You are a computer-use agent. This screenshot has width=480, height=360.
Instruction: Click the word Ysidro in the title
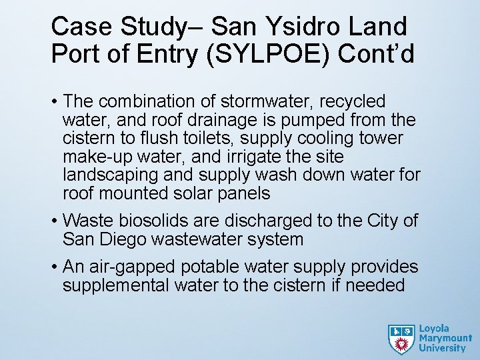[309, 27]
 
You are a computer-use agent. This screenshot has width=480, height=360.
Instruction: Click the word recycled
[353, 101]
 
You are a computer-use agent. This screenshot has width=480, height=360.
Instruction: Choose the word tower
[381, 138]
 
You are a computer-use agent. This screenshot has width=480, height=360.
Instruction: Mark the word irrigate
[263, 157]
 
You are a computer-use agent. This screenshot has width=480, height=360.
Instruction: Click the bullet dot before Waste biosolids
[54, 221]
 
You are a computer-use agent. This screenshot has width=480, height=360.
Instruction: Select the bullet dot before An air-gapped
[54, 267]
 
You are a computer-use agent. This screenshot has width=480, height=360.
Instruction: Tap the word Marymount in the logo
[445, 338]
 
